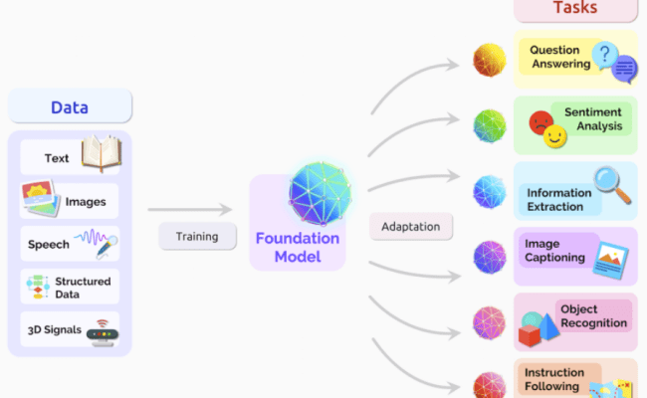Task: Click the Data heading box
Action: (70, 106)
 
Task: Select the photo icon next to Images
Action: (39, 199)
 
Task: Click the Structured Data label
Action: (82, 287)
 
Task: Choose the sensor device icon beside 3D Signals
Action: (102, 329)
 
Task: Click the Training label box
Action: (197, 237)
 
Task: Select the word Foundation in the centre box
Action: (298, 239)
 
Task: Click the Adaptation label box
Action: (411, 226)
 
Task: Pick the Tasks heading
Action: (575, 9)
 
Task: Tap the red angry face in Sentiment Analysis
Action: (541, 123)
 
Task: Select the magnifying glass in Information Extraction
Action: (610, 182)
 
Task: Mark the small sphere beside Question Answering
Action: (489, 60)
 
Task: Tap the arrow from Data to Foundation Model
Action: (189, 210)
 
